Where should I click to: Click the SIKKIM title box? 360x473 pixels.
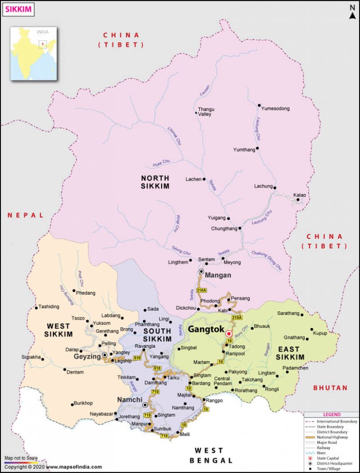[x=18, y=9]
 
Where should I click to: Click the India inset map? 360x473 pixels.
[x=34, y=53]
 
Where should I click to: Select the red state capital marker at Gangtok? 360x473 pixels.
[x=228, y=333]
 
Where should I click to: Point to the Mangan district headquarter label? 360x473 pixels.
[x=217, y=275]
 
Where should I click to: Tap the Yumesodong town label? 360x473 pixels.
[x=275, y=109]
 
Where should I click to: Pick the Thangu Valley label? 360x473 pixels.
[x=206, y=112]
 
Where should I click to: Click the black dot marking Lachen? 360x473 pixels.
[x=204, y=179]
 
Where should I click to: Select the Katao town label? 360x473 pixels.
[x=300, y=195]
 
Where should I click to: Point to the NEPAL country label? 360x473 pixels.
[x=25, y=215]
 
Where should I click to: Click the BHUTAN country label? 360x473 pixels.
[x=330, y=388]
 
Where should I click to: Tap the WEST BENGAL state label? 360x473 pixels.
[x=211, y=455]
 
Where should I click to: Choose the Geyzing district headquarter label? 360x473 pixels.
[x=87, y=356]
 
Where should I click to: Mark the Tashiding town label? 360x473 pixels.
[x=49, y=307]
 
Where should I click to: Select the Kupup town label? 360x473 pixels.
[x=320, y=333]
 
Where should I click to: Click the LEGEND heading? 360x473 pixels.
[x=331, y=415]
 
